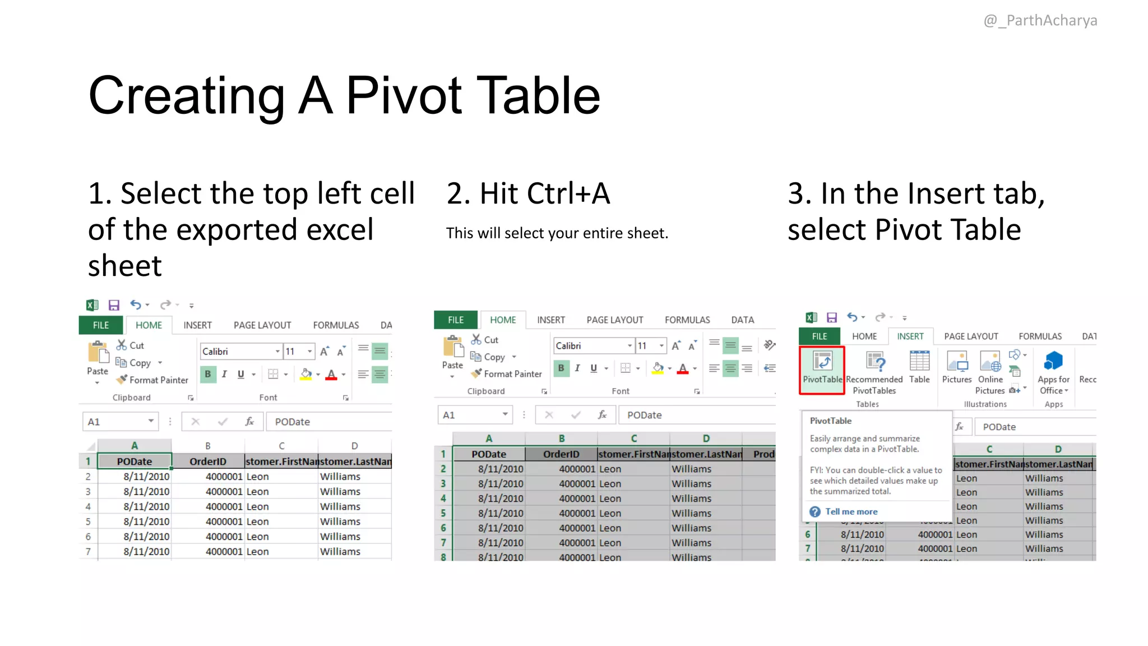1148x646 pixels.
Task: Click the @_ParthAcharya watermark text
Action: coord(1040,21)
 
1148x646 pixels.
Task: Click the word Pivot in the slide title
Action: coord(404,96)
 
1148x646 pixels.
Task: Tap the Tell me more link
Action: coord(851,511)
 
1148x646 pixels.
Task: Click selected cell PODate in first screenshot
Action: coord(135,462)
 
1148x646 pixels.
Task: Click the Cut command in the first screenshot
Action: coord(131,345)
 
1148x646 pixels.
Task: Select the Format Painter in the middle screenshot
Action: coord(507,374)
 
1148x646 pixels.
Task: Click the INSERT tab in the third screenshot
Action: coord(910,336)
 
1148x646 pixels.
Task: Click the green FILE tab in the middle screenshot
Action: coord(456,320)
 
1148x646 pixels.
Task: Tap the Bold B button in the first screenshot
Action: coord(208,374)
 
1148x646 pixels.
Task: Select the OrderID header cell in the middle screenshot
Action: coord(561,454)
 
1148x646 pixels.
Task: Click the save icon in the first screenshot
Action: coord(114,305)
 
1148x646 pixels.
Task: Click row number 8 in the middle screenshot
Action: coord(443,557)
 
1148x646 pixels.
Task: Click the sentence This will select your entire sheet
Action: coord(557,233)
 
